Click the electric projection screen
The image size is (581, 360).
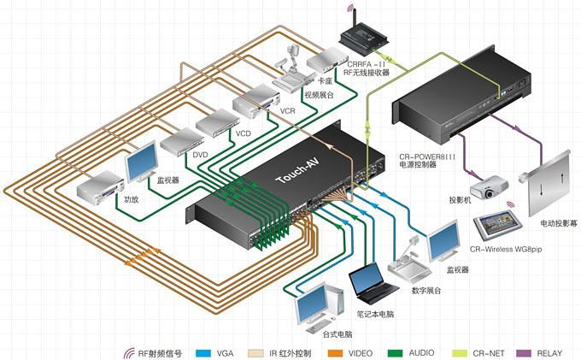549,183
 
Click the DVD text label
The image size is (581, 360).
201,154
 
